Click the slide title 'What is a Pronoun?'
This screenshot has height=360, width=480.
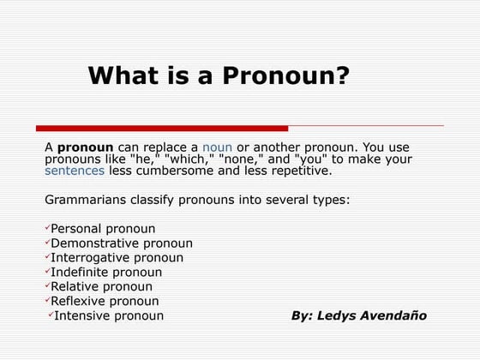pos(219,76)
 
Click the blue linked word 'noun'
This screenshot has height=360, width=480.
pos(218,147)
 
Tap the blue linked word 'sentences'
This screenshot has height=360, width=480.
pos(75,171)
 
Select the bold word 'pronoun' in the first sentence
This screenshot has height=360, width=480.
pos(86,147)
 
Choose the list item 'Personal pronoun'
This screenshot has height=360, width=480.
pos(103,229)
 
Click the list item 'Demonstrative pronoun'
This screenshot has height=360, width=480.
pos(122,243)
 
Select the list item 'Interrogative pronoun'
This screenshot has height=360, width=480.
pos(117,258)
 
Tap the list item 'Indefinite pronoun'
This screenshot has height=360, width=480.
pos(106,273)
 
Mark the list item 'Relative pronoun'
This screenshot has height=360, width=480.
pos(101,287)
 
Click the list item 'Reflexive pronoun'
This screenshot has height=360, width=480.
pos(105,302)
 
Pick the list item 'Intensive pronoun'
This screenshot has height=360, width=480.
pos(109,316)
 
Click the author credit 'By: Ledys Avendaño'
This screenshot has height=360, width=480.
pos(359,316)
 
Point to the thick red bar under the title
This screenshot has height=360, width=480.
pos(162,129)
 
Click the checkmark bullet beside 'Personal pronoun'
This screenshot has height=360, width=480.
pos(47,228)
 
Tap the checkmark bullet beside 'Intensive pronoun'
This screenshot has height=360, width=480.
pos(51,315)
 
